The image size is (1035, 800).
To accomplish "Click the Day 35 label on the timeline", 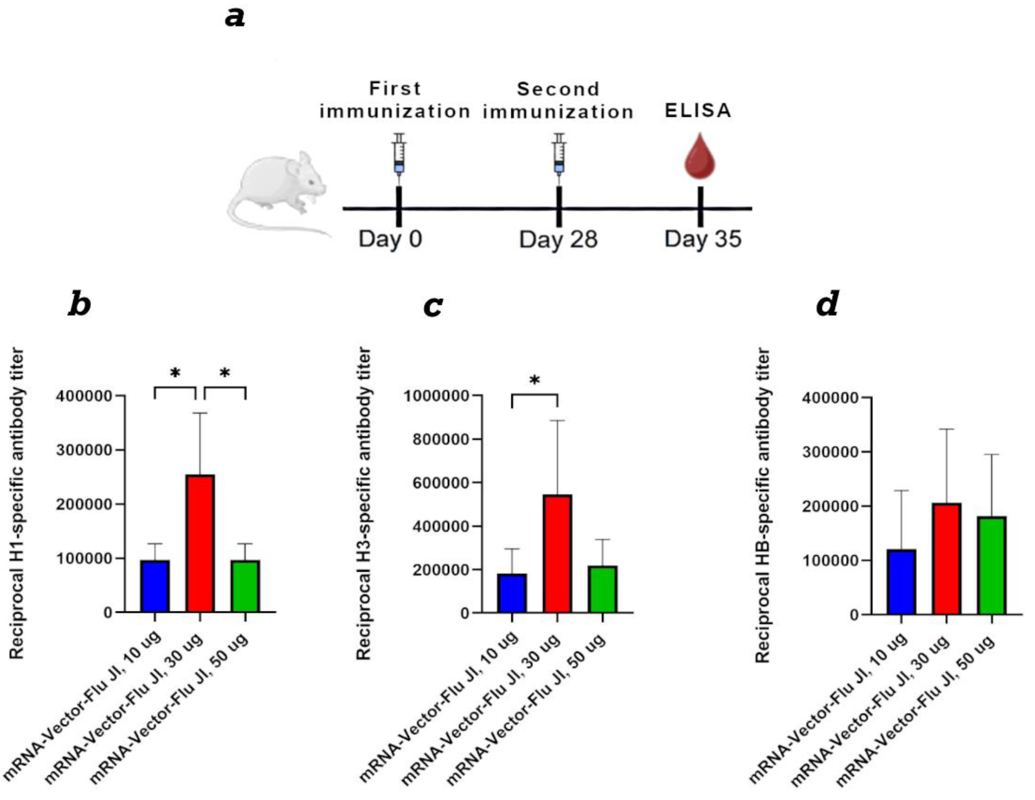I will (702, 239).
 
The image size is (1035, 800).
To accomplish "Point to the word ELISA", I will (698, 111).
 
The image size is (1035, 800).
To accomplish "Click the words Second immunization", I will (558, 100).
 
